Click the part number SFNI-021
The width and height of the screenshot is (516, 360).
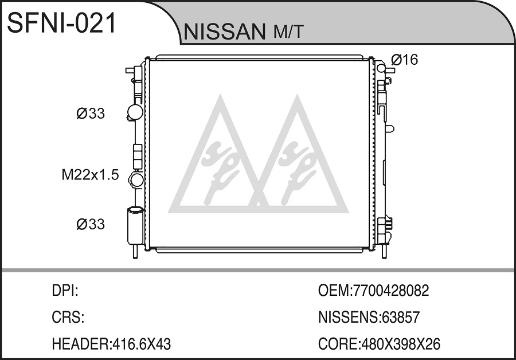coord(62,23)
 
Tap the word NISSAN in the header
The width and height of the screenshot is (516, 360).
coord(224,32)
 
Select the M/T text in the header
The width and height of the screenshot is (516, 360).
coord(288,32)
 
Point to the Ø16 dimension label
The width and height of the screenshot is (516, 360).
coord(404,60)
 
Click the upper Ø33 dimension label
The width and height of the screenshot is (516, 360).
coord(91,114)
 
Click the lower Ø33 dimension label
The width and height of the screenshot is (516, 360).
coord(91,224)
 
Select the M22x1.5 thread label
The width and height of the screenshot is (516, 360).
coord(90,175)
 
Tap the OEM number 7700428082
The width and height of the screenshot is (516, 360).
coord(390,291)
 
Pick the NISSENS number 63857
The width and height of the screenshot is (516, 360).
coord(400,318)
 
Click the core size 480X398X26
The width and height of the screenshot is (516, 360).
coord(401,344)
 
